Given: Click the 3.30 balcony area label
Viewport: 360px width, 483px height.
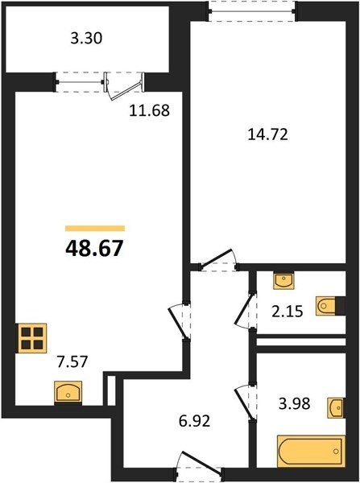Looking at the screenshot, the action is coord(86,39).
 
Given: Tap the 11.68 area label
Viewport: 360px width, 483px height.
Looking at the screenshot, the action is coord(149,110).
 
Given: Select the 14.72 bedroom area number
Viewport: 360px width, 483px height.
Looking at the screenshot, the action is coord(268,134).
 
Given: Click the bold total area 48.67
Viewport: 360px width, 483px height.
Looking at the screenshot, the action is coord(94,248).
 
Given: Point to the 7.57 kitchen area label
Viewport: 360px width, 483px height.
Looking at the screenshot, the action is coord(72,361).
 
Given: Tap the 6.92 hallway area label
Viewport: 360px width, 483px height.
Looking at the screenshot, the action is coord(194,421).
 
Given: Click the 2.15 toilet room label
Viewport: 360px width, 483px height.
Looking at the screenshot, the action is coord(288,312).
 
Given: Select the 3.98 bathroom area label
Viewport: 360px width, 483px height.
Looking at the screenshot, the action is coord(294,403).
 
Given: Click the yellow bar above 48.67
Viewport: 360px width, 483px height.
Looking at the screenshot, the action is coord(95,229).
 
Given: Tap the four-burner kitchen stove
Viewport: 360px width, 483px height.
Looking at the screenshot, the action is coord(32,338).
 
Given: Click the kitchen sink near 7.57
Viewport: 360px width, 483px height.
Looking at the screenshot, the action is coord(68,392).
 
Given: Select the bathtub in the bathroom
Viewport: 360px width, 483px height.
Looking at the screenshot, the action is coord(311,451).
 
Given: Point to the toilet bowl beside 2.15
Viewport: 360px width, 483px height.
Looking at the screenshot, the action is coord(325,306).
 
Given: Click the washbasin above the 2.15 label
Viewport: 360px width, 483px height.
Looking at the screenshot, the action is coord(283,281).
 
